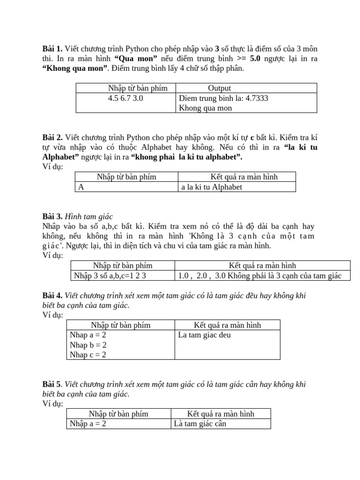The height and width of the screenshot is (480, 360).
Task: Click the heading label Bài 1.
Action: [52, 49]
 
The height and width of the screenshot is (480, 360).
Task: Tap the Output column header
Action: [219, 88]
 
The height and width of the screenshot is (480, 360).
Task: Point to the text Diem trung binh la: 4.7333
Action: [223, 98]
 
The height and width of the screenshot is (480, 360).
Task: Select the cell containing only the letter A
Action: [81, 187]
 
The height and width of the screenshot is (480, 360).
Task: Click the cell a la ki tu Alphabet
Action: [212, 187]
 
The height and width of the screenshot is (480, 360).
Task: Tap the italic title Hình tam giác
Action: [89, 217]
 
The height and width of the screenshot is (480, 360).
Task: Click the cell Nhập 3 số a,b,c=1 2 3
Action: [108, 276]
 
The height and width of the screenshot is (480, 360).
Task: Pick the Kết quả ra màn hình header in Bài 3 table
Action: [262, 266]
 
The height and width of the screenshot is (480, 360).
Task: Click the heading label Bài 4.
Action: [52, 295]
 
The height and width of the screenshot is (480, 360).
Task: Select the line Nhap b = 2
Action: [88, 345]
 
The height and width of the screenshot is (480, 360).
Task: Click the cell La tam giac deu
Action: [204, 335]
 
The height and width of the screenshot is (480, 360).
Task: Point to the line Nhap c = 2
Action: [88, 355]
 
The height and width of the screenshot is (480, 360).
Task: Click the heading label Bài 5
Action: [52, 384]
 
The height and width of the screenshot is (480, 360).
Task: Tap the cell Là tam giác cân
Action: [200, 424]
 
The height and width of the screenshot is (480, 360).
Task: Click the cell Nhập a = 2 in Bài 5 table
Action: [88, 424]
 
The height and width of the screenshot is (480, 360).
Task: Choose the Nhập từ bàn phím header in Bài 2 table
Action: [127, 177]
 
